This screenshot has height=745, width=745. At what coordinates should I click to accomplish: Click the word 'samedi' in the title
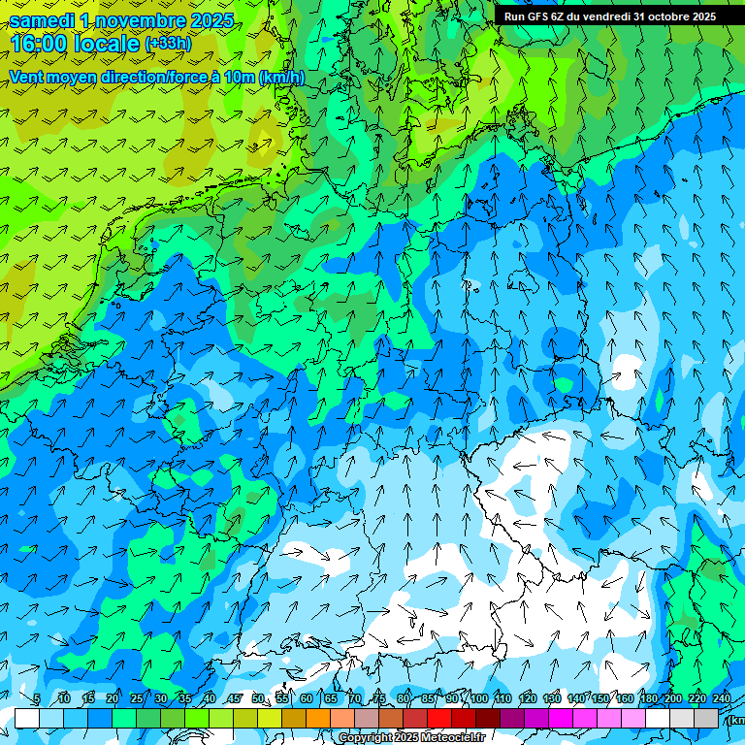pyautogui.click(x=40, y=20)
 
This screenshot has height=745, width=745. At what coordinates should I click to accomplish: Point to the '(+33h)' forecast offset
pyautogui.click(x=168, y=44)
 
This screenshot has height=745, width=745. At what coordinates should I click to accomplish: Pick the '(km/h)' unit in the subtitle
pyautogui.click(x=282, y=78)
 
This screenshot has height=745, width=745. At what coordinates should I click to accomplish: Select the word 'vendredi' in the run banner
pyautogui.click(x=603, y=16)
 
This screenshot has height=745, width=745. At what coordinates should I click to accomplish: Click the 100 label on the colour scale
pyautogui.click(x=479, y=699)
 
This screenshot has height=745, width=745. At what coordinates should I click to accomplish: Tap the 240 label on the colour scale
pyautogui.click(x=722, y=699)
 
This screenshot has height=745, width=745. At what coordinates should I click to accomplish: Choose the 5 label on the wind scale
pyautogui.click(x=37, y=699)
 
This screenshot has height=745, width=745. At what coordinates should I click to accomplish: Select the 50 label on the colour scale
pyautogui.click(x=258, y=699)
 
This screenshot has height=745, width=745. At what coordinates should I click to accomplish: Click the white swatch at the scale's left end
pyautogui.click(x=27, y=718)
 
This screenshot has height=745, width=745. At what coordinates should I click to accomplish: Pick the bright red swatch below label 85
pyautogui.click(x=439, y=718)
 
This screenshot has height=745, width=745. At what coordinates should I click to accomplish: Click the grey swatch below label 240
pyautogui.click(x=706, y=718)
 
